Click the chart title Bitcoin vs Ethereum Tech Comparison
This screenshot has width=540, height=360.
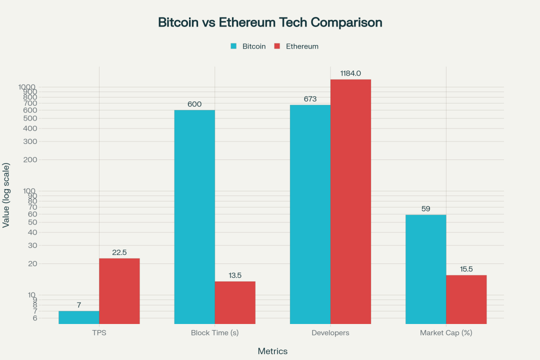coord(270,22)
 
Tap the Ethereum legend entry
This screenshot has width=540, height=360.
coord(301,46)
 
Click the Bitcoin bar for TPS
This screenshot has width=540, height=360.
coord(79,317)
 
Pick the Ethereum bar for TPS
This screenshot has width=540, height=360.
coord(119,291)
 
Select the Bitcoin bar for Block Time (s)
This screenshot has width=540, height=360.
coord(194,217)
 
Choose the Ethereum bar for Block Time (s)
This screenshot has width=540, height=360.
coord(235,302)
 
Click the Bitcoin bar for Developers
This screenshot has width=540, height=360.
coord(310,214)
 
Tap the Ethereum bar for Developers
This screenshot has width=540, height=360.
coord(350,201)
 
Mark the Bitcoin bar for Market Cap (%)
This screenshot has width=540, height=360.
coord(425,269)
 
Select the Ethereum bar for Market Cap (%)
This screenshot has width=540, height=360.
coord(466,299)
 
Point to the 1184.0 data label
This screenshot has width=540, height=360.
coord(350,73)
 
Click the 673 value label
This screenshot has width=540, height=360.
coord(310,99)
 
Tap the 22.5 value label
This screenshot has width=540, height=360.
coord(119,252)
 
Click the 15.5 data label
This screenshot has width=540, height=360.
coord(466,269)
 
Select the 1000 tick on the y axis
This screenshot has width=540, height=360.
coord(27,87)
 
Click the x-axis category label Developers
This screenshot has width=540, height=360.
coord(330,333)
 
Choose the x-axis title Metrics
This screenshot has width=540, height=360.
coord(272,351)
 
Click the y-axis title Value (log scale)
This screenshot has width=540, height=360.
coord(6,195)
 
